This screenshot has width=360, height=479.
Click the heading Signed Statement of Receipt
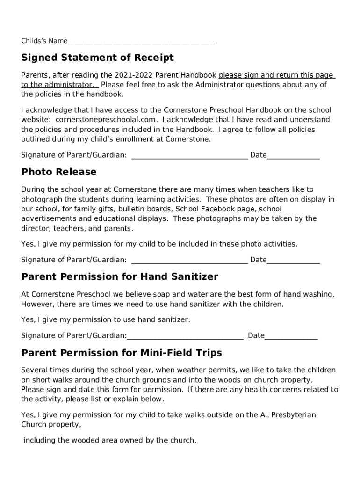point(97,58)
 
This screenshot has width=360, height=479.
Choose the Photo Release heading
point(59,172)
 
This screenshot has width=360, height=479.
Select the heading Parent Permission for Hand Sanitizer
point(120,277)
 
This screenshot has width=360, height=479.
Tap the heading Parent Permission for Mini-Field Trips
point(122,353)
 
